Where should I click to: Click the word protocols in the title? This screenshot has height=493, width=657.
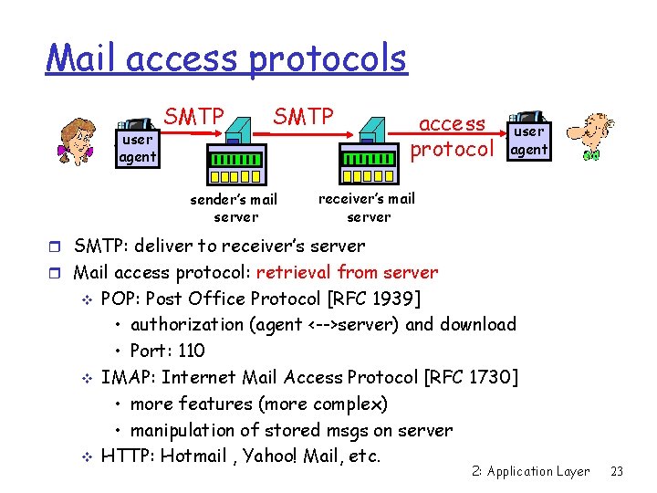(326, 59)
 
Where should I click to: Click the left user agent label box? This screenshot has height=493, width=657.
(137, 149)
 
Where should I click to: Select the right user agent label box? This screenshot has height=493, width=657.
(528, 141)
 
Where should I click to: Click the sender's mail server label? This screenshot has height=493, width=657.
(234, 208)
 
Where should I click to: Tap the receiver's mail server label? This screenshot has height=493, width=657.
(367, 207)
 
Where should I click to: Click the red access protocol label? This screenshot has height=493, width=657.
(453, 136)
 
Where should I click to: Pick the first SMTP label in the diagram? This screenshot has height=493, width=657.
(194, 116)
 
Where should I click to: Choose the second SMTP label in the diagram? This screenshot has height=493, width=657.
(304, 116)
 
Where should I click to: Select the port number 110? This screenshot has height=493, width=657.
(192, 351)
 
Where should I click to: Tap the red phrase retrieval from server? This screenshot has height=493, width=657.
(347, 272)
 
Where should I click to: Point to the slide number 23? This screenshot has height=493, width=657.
(617, 471)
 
